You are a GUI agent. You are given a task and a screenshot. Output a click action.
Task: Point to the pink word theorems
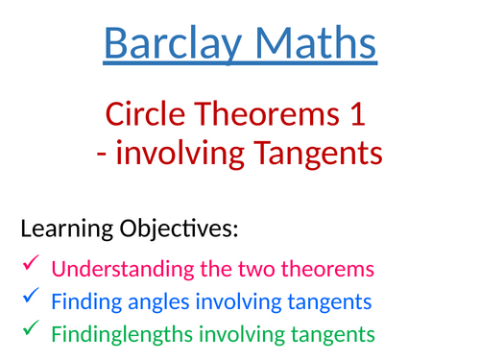(x=329, y=268)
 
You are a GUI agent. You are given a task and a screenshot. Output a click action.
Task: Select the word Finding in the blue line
(x=84, y=302)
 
